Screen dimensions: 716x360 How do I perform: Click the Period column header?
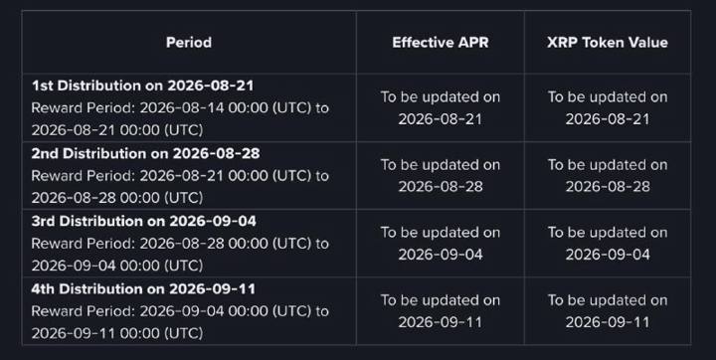point(189,43)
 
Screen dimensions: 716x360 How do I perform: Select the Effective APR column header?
point(441,43)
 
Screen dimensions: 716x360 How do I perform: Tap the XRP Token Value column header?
point(608,43)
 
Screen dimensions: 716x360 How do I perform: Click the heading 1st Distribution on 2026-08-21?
point(142,86)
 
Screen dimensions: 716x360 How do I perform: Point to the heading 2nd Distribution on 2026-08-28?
point(145,153)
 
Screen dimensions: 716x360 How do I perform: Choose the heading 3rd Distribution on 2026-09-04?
point(144,221)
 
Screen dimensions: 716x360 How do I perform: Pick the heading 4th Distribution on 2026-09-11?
point(143,289)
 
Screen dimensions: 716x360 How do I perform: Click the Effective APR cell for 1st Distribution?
point(441,107)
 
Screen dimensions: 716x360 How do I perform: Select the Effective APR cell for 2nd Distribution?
point(441,176)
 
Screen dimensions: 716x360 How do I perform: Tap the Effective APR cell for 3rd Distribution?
point(441,244)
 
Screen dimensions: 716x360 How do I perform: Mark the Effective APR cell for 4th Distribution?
point(441,311)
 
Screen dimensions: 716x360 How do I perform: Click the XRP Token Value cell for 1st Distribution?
point(608,107)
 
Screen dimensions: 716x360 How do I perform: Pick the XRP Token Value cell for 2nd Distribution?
point(608,176)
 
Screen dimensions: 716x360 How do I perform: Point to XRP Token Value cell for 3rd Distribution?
point(608,244)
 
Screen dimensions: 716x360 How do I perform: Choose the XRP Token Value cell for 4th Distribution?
point(608,311)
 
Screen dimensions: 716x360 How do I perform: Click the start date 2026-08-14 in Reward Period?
point(182,108)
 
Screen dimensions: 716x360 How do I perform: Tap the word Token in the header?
point(598,43)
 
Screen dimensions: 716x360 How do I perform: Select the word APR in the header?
point(473,43)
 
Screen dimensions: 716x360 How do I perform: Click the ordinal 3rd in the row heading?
point(44,221)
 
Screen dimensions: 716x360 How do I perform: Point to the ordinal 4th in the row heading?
point(44,289)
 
